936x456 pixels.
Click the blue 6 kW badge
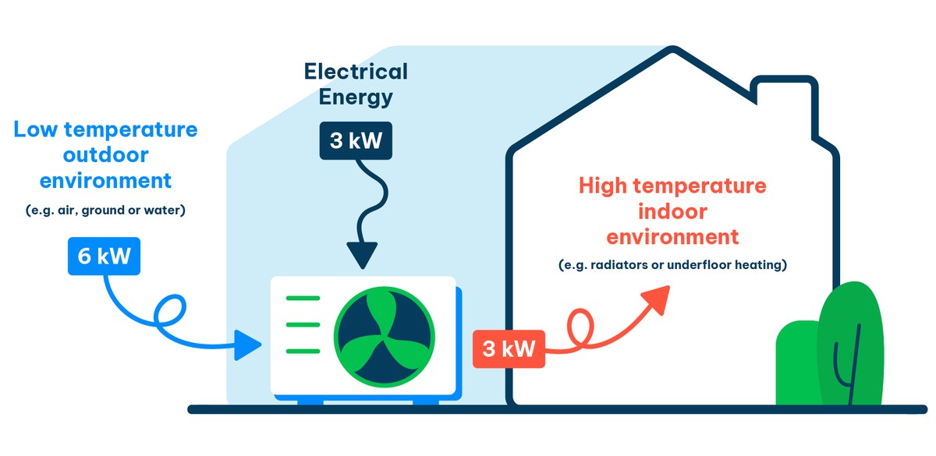(x=103, y=256)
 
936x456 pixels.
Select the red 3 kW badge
(x=509, y=348)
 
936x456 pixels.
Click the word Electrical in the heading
(x=356, y=72)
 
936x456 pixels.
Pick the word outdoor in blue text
(x=105, y=155)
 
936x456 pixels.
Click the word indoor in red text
(x=672, y=212)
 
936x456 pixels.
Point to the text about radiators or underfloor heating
(x=672, y=265)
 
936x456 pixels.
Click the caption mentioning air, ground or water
(x=105, y=210)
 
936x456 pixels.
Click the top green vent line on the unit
(x=303, y=297)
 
